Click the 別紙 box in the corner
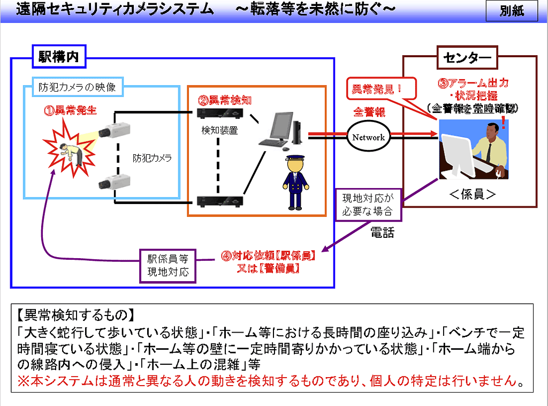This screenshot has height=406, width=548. click(x=512, y=11)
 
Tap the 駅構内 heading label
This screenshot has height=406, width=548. click(x=59, y=57)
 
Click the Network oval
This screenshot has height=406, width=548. click(x=368, y=137)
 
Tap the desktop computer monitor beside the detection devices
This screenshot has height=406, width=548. click(x=278, y=129)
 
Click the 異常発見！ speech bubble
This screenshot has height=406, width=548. click(x=376, y=89)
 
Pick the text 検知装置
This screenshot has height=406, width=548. click(x=219, y=130)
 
